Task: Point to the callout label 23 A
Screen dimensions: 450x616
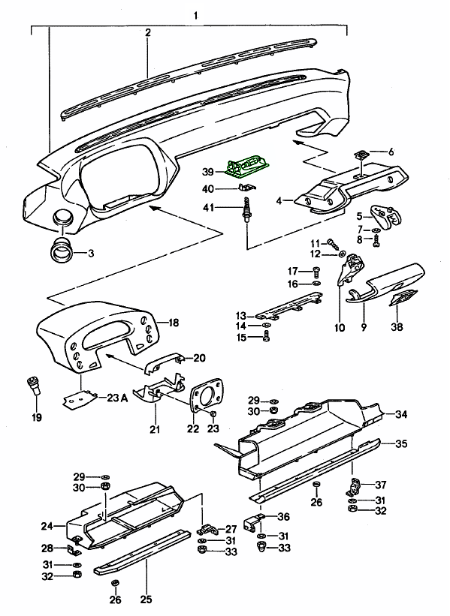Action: point(118,398)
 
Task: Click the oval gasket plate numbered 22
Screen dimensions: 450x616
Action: point(206,395)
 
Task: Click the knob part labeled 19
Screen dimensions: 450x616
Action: point(34,386)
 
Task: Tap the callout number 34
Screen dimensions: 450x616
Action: point(401,414)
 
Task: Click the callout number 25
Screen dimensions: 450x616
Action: point(146,599)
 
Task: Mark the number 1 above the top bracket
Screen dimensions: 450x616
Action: point(195,16)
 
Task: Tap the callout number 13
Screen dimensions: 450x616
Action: point(240,315)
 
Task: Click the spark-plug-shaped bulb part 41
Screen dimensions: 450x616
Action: point(246,209)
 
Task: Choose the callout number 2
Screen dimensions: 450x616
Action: point(148,32)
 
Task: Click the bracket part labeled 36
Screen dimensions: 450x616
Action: point(252,523)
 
